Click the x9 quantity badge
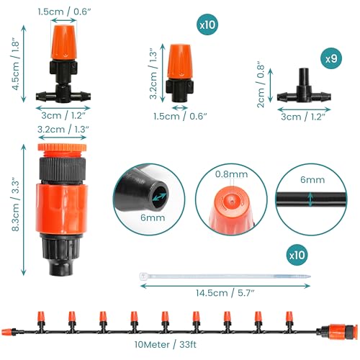(x=331, y=59)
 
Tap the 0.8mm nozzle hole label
(x=231, y=174)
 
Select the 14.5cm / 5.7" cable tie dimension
(x=225, y=293)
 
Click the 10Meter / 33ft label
(x=165, y=344)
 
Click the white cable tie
(x=225, y=276)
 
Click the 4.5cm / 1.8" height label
(x=16, y=64)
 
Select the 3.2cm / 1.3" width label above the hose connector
(x=63, y=130)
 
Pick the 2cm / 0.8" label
(x=261, y=86)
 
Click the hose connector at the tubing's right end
(x=337, y=331)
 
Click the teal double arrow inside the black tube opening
(x=159, y=197)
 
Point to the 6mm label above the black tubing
(x=312, y=180)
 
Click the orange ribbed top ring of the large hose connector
(x=62, y=148)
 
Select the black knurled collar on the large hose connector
(x=63, y=168)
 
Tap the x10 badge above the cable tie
(x=297, y=255)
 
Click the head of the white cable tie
(x=143, y=276)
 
